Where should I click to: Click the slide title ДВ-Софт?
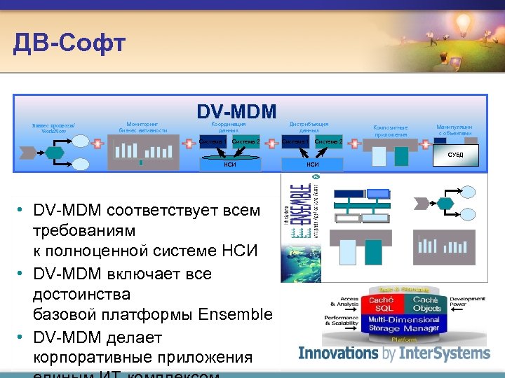coord(69,43)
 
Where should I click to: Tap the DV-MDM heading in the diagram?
coord(236,111)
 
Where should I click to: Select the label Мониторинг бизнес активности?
coord(143,126)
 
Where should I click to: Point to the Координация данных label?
coord(229,126)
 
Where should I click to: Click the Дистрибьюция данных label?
coord(309,126)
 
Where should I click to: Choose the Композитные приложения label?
coord(390,130)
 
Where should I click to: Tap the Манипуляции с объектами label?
coord(455,130)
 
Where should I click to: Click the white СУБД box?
coord(455,154)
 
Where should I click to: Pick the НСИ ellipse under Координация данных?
coord(229,164)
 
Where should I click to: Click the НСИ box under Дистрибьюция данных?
coord(312,164)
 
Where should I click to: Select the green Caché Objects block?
coord(427,303)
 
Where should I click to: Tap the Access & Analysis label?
coord(344,302)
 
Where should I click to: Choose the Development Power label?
coord(467,302)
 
